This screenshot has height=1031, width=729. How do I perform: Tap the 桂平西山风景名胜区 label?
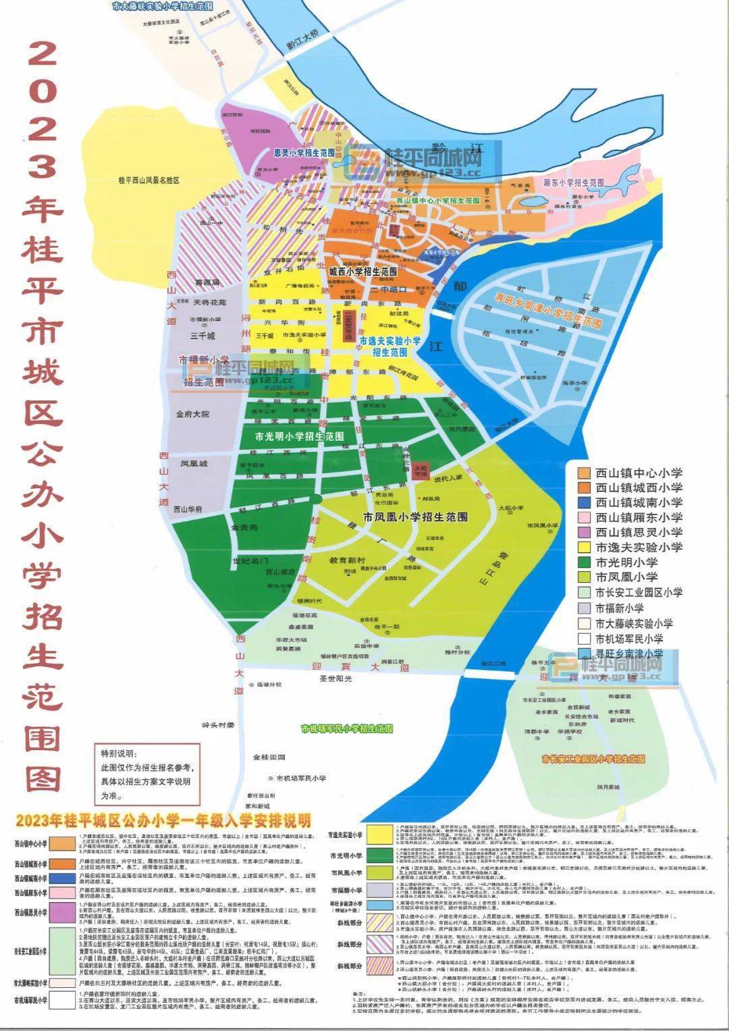(x=148, y=181)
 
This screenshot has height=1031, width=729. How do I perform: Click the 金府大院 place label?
(x=192, y=414)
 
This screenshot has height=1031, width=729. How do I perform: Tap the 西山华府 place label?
(x=188, y=509)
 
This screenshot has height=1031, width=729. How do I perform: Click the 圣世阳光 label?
(x=335, y=679)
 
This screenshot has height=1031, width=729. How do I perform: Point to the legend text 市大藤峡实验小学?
(x=634, y=623)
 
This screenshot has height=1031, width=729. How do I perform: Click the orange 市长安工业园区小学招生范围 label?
(x=593, y=759)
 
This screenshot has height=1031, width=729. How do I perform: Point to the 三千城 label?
(x=202, y=336)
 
